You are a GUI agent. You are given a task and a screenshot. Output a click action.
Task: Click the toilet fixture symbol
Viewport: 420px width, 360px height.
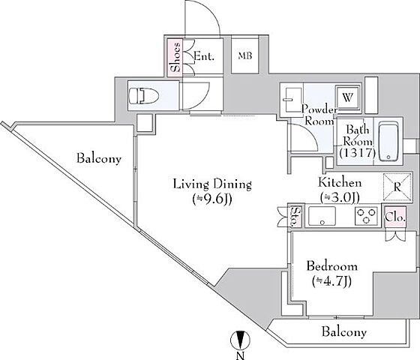pos(143,96)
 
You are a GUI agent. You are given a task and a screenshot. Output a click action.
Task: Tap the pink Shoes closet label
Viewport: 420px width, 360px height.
pos(176,57)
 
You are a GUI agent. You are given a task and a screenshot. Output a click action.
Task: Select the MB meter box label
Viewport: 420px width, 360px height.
pos(245,56)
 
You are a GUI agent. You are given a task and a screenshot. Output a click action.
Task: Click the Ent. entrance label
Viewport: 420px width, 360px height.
pos(204,56)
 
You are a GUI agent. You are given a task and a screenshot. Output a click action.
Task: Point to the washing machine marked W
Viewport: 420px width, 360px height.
pos(348,97)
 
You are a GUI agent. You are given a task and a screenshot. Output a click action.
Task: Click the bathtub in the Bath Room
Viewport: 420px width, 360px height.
pos(388,142)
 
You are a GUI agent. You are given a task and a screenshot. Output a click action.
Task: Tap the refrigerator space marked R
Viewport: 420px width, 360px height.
pos(397,187)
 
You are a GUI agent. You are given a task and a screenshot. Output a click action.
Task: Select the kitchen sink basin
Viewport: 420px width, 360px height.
pos(322,216)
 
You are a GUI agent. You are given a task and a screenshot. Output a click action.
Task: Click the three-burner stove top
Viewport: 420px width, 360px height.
pos(366,216)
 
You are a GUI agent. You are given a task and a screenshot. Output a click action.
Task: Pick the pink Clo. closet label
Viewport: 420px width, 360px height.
pos(395,217)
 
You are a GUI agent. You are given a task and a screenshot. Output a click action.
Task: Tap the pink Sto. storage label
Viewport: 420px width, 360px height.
pos(295,216)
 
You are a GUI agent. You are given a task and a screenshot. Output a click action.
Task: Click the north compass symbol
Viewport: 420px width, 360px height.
pos(240,340)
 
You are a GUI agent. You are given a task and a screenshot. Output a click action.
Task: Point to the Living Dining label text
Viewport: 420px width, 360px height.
pos(212,184)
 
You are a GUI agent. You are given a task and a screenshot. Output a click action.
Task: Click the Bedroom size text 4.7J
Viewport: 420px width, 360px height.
pos(331,281)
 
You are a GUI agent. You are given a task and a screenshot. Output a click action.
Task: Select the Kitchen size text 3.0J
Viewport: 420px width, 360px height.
pos(340,198)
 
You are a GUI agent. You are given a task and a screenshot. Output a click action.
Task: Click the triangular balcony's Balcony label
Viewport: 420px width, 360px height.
pos(99,158)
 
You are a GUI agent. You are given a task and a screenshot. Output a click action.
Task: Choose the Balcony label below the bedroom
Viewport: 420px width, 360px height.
pos(344,331)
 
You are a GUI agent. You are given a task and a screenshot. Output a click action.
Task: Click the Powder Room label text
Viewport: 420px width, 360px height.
pos(319,115)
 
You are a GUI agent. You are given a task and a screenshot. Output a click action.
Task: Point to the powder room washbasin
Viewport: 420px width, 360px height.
pos(292,100)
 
